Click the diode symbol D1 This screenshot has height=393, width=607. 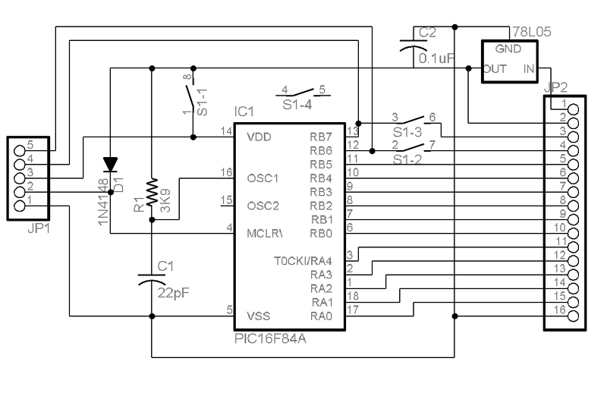tap(110, 164)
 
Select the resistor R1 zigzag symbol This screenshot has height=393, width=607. tap(153, 191)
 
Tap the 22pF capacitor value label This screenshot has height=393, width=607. tap(173, 293)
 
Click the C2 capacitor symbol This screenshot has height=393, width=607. tap(414, 46)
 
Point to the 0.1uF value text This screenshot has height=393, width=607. tap(436, 58)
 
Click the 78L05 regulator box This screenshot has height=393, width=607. tap(510, 61)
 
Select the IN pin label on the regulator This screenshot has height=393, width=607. tap(528, 69)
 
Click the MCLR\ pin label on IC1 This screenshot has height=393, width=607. tap(265, 234)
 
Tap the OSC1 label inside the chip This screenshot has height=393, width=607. tap(263, 178)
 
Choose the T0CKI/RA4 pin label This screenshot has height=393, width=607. tap(303, 261)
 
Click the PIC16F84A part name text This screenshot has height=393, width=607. tap(270, 339)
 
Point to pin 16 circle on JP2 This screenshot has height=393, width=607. tap(573, 316)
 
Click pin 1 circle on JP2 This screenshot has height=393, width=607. tap(573, 109)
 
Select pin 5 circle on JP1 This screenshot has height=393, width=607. tap(20, 151)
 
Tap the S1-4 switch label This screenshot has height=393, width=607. tap(297, 105)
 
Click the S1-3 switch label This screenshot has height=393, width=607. tap(407, 133)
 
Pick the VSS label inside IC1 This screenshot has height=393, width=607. tap(258, 316)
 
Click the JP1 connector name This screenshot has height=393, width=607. tap(39, 228)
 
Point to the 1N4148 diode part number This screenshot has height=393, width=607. tap(103, 202)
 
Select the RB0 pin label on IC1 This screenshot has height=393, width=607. tap(321, 234)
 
